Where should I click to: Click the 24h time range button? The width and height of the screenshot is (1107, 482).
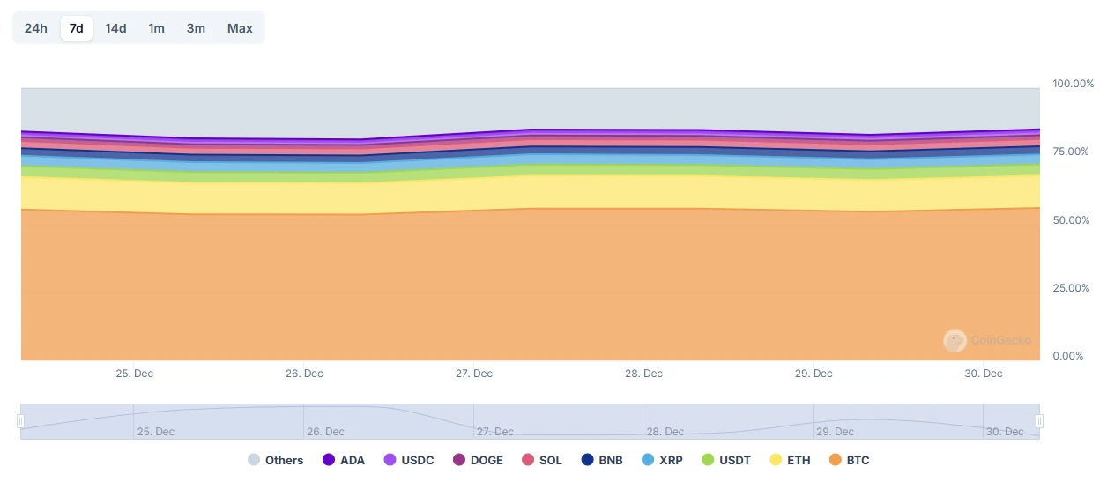(36, 28)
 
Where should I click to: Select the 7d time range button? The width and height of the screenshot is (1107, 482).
(77, 28)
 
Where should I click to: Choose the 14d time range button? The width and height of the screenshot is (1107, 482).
(115, 28)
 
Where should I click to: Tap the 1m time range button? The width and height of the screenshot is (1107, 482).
(156, 28)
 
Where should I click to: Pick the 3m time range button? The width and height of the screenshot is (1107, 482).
(196, 28)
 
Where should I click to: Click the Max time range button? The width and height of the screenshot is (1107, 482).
(240, 28)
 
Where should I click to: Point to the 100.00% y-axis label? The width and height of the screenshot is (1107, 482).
(1074, 84)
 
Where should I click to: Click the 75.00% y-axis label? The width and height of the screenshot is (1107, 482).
(1073, 152)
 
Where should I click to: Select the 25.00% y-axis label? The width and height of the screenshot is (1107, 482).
(1073, 288)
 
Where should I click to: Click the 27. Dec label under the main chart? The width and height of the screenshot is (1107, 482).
(474, 374)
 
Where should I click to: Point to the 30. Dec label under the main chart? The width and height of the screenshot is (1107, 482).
(984, 374)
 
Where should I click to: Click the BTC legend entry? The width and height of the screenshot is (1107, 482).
(850, 460)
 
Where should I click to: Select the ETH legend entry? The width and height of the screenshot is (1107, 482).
(791, 460)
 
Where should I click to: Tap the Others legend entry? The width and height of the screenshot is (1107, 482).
(276, 460)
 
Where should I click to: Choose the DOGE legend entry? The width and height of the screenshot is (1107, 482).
(479, 460)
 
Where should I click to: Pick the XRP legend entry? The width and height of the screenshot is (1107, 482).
(663, 460)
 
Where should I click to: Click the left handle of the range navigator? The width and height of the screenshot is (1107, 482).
(20, 421)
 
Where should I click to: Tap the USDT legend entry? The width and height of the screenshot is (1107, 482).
(727, 460)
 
